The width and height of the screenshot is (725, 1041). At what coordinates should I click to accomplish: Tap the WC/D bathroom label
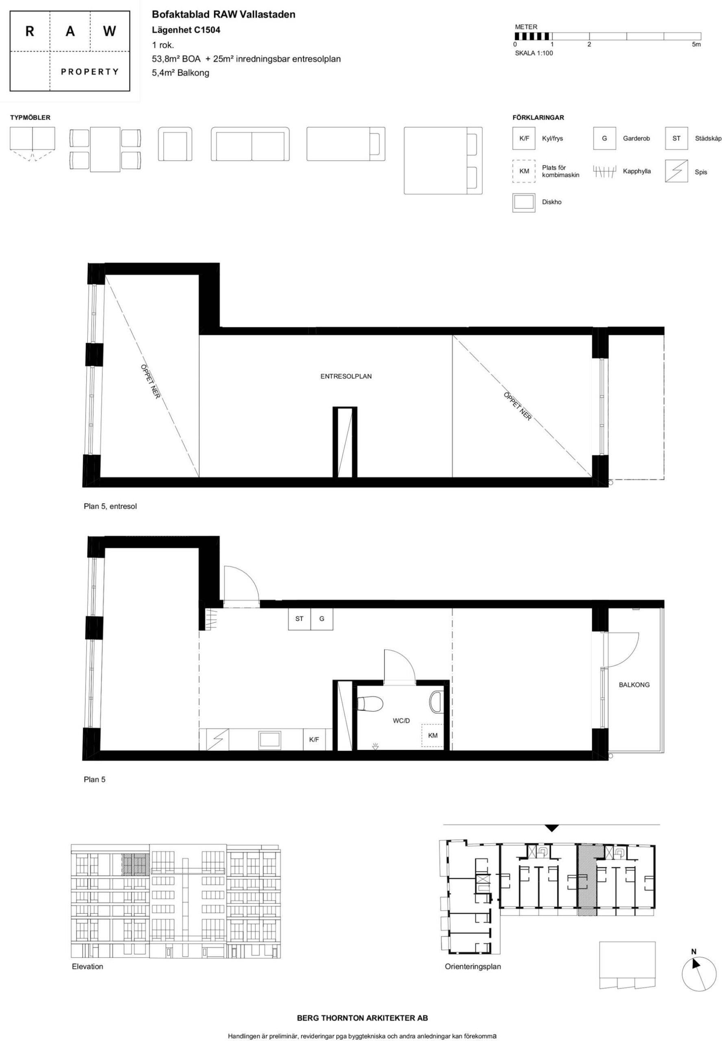(401, 721)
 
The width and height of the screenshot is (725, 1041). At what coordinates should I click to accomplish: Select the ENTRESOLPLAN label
(346, 376)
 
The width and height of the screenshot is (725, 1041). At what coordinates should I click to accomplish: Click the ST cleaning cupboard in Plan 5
(299, 619)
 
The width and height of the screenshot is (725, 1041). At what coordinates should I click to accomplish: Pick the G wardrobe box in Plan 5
(322, 619)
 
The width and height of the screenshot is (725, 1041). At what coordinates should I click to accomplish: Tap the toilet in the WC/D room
(370, 703)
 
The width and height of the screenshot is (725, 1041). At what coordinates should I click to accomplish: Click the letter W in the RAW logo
(109, 31)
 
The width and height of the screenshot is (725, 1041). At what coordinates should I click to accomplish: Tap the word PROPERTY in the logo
(90, 72)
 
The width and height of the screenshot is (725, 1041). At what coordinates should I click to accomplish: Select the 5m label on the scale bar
(696, 44)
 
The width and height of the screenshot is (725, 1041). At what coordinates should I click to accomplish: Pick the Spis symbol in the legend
(676, 171)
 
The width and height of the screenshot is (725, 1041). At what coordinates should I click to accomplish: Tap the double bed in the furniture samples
(443, 161)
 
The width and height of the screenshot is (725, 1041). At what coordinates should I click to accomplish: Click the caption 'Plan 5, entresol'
(110, 506)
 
